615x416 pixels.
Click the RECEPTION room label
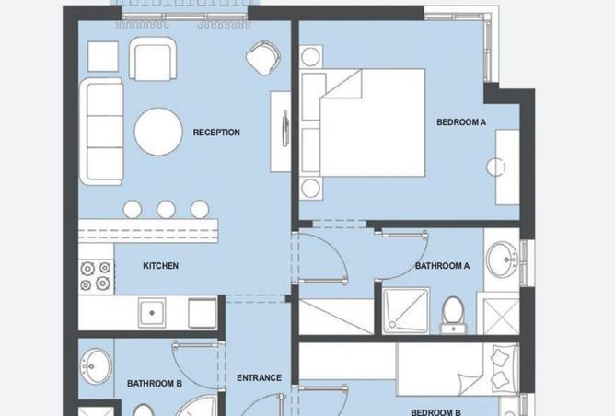click(x=216, y=133)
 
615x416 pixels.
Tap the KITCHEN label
click(x=161, y=266)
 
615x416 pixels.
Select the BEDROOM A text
click(x=461, y=122)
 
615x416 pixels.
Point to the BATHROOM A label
click(x=443, y=266)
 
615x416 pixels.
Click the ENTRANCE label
click(x=260, y=378)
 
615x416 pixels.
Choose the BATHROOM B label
click(x=155, y=383)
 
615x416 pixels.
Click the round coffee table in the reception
click(x=158, y=132)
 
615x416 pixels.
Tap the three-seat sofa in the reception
click(x=101, y=132)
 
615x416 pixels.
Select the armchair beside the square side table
click(x=153, y=59)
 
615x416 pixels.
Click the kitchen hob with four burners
click(x=96, y=276)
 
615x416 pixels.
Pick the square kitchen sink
click(x=152, y=313)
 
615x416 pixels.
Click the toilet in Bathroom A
click(x=453, y=315)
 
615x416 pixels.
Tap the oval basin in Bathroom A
click(x=502, y=260)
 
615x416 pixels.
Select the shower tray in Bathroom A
click(x=406, y=311)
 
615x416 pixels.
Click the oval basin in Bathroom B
click(x=96, y=366)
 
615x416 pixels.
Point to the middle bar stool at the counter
click(x=166, y=209)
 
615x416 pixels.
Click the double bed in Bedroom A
click(x=373, y=122)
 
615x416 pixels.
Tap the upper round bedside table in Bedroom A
click(x=310, y=57)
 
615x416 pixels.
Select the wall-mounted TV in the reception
click(x=286, y=128)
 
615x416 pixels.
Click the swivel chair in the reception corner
click(x=263, y=58)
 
